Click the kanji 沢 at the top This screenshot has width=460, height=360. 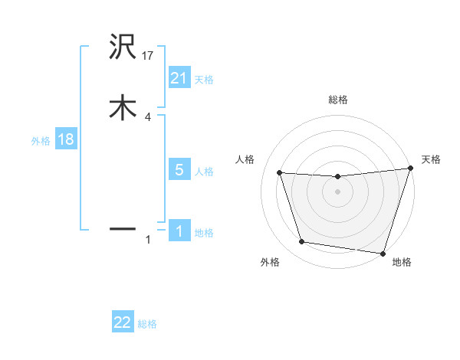pos(123,48)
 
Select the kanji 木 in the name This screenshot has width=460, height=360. pos(123,107)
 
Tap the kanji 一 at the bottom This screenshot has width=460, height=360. pos(123,228)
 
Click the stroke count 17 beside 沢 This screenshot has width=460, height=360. pos(148,56)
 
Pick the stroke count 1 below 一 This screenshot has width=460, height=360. pos(148,241)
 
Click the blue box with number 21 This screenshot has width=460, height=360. pos(179,77)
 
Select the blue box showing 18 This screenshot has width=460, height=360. pos(65,140)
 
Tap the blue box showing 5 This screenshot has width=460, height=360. pos(179,170)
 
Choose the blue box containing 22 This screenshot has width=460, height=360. pos(123,322)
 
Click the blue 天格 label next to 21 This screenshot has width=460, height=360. pos(204,80)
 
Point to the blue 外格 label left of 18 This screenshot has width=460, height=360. pos(41,141)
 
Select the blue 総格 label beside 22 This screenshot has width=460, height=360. pos(147,324)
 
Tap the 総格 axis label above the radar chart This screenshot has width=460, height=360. pos(337,100)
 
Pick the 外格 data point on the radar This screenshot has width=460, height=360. pos(301,242)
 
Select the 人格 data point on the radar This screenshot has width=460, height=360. pos(279,173)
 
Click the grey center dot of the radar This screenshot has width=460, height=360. pos(337,191)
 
